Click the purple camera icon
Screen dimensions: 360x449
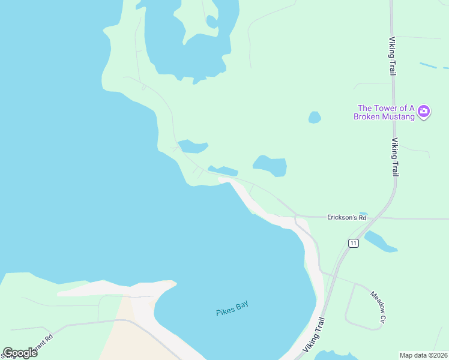click(x=424, y=110)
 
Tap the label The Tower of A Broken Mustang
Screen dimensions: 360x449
click(x=384, y=112)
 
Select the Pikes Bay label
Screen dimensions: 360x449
click(x=232, y=308)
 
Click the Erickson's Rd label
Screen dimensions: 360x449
click(x=346, y=217)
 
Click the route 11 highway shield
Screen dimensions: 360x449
click(x=353, y=243)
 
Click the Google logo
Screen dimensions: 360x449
click(x=20, y=353)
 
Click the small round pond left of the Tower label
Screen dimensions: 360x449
click(x=315, y=117)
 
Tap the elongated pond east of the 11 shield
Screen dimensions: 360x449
click(x=380, y=241)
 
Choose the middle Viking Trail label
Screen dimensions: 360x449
click(x=395, y=157)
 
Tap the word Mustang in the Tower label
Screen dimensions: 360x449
click(x=398, y=116)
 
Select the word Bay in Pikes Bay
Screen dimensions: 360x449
click(x=241, y=305)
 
